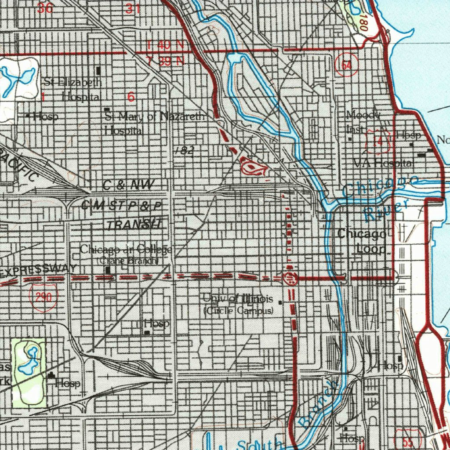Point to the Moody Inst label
click(363, 122)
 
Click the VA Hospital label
click(383, 163)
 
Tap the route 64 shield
click(346, 65)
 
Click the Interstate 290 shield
click(44, 298)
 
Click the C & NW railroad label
click(128, 185)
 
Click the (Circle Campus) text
click(239, 311)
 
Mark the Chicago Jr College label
click(126, 250)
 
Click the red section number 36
click(46, 8)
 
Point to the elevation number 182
click(184, 150)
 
